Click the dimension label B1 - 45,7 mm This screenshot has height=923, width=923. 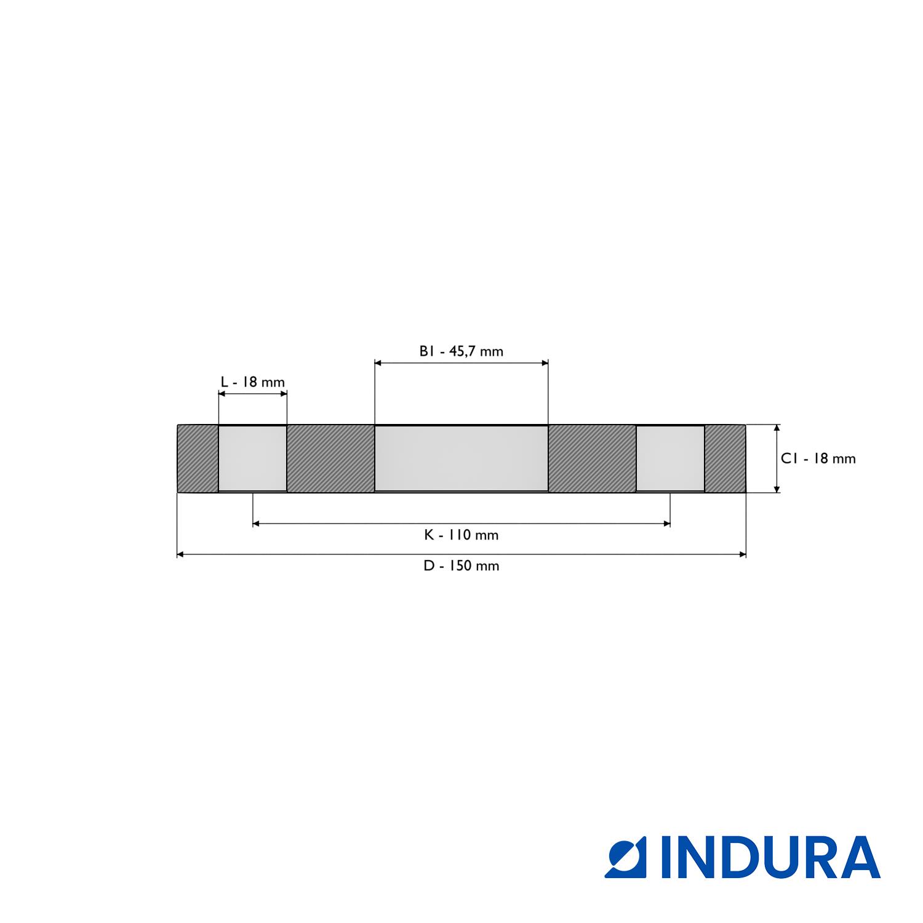[461, 351]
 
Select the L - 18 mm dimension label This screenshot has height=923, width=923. [253, 382]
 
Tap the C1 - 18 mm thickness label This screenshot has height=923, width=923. [818, 458]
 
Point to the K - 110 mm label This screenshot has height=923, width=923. [461, 535]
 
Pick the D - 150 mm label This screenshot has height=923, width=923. [461, 565]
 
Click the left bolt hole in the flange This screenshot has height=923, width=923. [253, 458]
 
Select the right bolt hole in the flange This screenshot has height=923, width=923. [670, 458]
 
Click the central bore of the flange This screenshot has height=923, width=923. [461, 458]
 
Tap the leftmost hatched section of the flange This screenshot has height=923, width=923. [198, 458]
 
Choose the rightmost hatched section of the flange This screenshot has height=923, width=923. [725, 458]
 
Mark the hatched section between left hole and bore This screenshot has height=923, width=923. [330, 458]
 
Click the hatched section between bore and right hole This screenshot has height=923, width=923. [592, 458]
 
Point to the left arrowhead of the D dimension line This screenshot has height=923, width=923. [180, 554]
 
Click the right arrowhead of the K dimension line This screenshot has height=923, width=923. [666, 524]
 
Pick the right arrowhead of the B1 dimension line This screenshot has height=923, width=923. [545, 363]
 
